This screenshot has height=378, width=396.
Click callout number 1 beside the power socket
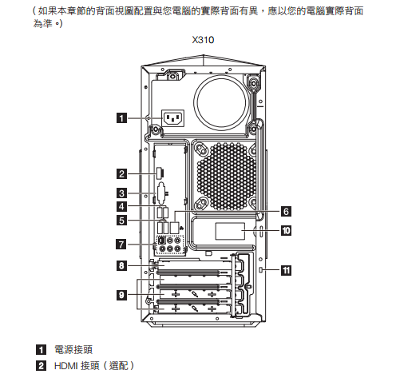121,118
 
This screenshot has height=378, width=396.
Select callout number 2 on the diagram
121,173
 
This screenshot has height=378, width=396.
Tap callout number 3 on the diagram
121,193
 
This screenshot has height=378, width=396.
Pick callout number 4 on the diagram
121,206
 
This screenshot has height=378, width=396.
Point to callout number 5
121,221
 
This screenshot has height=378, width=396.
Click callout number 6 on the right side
286,212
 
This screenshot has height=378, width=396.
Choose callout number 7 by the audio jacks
121,245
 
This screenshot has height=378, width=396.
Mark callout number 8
121,265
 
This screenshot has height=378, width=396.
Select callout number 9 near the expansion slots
121,295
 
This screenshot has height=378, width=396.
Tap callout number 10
286,231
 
